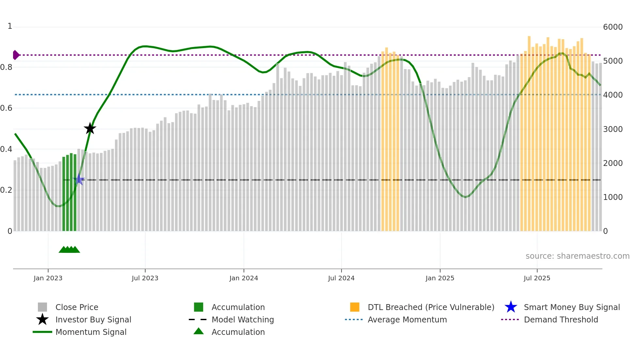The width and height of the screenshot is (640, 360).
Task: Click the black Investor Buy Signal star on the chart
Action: pos(90,128)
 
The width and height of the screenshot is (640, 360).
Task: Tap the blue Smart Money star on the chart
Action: pos(79,180)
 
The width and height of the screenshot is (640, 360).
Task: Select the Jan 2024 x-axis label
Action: pos(244,278)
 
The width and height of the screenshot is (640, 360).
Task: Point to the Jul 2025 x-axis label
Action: pos(537,278)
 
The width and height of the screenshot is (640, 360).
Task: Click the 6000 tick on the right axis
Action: pos(613,27)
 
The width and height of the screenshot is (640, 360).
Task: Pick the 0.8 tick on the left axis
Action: pos(7,67)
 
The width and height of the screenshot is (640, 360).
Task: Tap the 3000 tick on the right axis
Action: pos(613,129)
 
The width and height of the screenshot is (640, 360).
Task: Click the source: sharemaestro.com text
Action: pos(577,256)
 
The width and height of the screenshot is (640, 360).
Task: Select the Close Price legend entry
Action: pos(77,307)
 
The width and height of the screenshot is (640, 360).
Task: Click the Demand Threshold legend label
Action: pos(561,319)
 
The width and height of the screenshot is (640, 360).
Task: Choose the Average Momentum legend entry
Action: pos(407,319)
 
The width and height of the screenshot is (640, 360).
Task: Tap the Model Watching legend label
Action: pos(243,319)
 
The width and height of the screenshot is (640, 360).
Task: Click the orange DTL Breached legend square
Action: pos(355,307)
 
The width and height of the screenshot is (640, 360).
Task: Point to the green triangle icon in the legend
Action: pos(199,331)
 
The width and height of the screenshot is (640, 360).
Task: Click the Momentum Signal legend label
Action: pos(91,332)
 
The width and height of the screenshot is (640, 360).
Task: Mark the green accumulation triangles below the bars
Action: pos(69,250)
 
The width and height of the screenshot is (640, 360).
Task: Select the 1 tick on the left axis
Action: pos(10,26)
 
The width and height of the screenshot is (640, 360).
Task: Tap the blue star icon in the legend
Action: pos(511,307)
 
